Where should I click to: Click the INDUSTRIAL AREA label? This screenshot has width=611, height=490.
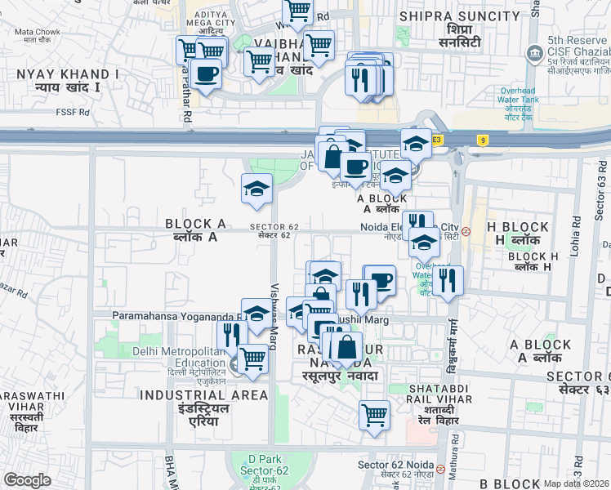click(204, 395)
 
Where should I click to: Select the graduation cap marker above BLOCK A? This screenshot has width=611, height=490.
click(256, 189)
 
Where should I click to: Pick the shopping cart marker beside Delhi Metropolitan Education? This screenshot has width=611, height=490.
click(253, 359)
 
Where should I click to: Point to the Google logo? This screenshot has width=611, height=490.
click(28, 480)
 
